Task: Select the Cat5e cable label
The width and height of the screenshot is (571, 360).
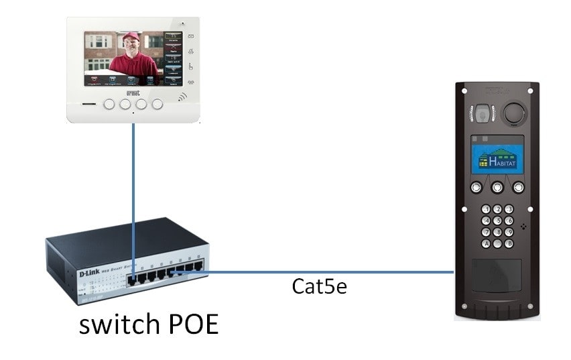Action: [320, 286]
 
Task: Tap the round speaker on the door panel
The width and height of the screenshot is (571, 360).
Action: [514, 111]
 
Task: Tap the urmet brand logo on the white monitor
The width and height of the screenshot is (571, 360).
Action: [133, 94]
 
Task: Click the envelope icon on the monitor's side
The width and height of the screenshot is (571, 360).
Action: [190, 36]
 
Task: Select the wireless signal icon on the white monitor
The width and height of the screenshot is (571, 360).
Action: [182, 98]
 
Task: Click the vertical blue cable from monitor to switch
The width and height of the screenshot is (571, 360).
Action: [133, 188]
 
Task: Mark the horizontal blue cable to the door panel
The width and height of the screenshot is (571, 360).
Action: [335, 272]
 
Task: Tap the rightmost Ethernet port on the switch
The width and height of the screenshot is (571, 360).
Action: [198, 267]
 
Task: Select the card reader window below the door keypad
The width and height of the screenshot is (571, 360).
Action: [497, 274]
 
